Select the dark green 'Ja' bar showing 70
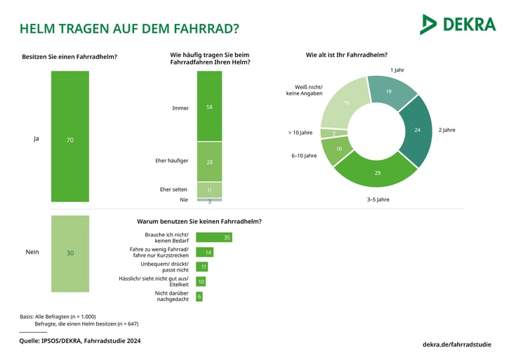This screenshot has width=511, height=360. coord(69,136)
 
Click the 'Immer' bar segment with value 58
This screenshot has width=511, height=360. coord(209,106)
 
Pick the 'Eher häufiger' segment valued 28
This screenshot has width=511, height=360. coord(209,161)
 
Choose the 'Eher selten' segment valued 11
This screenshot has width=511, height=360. coord(209,189)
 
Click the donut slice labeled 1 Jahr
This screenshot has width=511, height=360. coord(389,92)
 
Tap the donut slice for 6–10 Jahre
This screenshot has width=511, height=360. coord(339,149)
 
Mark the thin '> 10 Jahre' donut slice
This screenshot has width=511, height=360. coord(334,133)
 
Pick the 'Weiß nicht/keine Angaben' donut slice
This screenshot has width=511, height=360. coord(345,103)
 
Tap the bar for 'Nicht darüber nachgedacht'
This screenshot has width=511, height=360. coord(199,296)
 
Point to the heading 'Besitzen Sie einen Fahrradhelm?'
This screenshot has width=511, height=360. coord(69,56)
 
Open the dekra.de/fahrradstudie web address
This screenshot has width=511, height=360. coord(456,344)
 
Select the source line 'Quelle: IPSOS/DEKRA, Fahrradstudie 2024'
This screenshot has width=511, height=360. coord(88,340)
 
